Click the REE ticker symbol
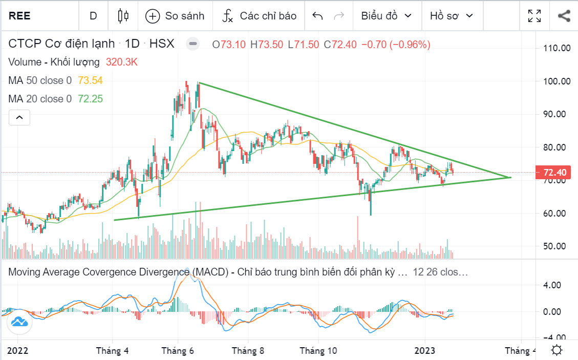pos(19,16)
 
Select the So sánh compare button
pos(175,16)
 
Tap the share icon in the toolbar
pos(564,16)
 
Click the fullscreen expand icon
pos(534,16)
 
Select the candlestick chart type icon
pos(123,16)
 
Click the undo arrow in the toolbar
pos(317,16)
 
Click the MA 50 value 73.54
pos(90,80)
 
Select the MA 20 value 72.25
pos(90,99)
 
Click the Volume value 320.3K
pos(122,62)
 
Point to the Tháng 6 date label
pos(178,351)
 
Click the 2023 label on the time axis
pos(424,351)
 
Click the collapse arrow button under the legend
pos(19,118)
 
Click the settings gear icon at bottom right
pos(556,351)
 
